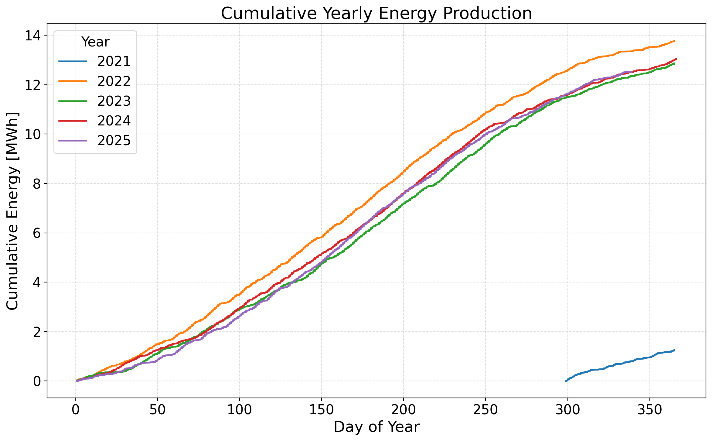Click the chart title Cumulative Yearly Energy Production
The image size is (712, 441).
tap(376, 13)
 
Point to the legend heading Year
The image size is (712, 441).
tap(95, 42)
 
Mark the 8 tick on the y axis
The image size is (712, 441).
tap(37, 184)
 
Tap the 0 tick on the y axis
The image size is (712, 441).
tap(37, 381)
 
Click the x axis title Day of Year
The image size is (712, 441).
tap(376, 427)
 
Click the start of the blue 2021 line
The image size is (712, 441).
tap(566, 381)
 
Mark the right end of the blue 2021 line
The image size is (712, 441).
tap(674, 350)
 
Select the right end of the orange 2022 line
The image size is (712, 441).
tap(674, 41)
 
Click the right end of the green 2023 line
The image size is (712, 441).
tap(674, 63)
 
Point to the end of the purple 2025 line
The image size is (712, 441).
tap(633, 72)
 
